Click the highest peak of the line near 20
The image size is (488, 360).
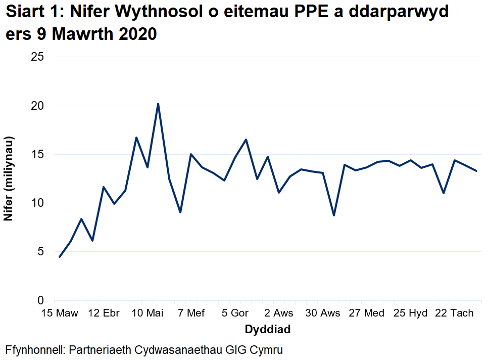click(158, 104)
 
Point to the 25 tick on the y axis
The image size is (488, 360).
click(37, 57)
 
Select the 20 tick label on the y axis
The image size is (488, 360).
click(37, 106)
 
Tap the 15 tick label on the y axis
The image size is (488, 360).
click(37, 155)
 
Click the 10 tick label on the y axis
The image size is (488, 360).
click(37, 203)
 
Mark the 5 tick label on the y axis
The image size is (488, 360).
click(40, 252)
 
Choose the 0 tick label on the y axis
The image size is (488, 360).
click(40, 300)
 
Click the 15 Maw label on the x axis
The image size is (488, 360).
click(60, 313)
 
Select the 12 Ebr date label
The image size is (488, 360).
click(104, 313)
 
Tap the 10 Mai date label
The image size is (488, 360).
click(147, 313)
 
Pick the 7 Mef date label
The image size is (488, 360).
click(191, 313)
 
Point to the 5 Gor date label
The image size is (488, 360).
click(235, 313)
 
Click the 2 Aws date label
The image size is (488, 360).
click(278, 313)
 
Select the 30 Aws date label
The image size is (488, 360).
click(322, 313)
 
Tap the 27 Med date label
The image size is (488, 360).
click(366, 313)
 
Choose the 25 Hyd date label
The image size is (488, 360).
click(410, 313)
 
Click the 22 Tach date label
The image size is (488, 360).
click(454, 313)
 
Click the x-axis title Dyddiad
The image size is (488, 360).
click(267, 330)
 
